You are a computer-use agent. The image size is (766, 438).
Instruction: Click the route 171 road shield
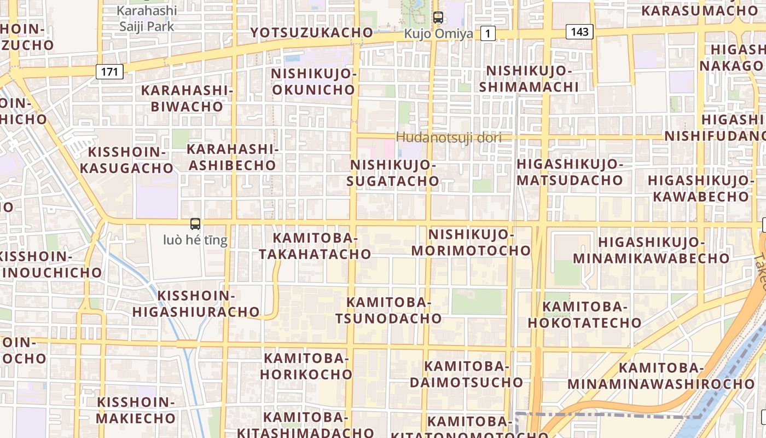coord(109,71)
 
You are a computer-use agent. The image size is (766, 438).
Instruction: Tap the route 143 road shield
coord(579,32)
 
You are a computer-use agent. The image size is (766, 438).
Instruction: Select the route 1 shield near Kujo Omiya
coord(487,34)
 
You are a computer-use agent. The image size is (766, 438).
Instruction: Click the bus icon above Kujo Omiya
coord(438,17)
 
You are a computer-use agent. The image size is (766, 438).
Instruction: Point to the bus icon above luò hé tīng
coord(195,223)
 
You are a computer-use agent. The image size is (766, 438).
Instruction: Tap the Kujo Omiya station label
coord(438,34)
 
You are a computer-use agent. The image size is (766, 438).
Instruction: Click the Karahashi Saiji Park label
coord(147,18)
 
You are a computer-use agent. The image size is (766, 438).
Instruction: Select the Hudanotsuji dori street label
coord(449,137)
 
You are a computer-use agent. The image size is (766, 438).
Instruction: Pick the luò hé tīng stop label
coord(195,240)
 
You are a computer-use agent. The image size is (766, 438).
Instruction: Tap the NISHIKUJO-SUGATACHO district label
coord(393,173)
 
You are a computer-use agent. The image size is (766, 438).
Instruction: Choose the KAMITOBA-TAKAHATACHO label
coord(315,246)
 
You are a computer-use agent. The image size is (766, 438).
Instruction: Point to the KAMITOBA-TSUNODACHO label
coord(388,310)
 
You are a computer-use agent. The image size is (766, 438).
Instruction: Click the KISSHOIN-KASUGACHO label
coord(126,160)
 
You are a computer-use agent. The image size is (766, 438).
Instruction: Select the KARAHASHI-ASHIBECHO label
coord(232,157)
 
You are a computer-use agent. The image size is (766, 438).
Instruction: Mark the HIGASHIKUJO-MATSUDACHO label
coord(570,172)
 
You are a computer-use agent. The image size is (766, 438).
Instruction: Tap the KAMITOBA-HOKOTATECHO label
coord(584,315)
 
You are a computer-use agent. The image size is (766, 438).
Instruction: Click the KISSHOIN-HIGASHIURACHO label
coord(196,304)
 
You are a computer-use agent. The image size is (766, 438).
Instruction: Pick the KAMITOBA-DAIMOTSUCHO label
coord(467,374)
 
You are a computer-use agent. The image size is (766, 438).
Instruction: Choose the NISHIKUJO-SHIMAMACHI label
coord(529,79)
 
